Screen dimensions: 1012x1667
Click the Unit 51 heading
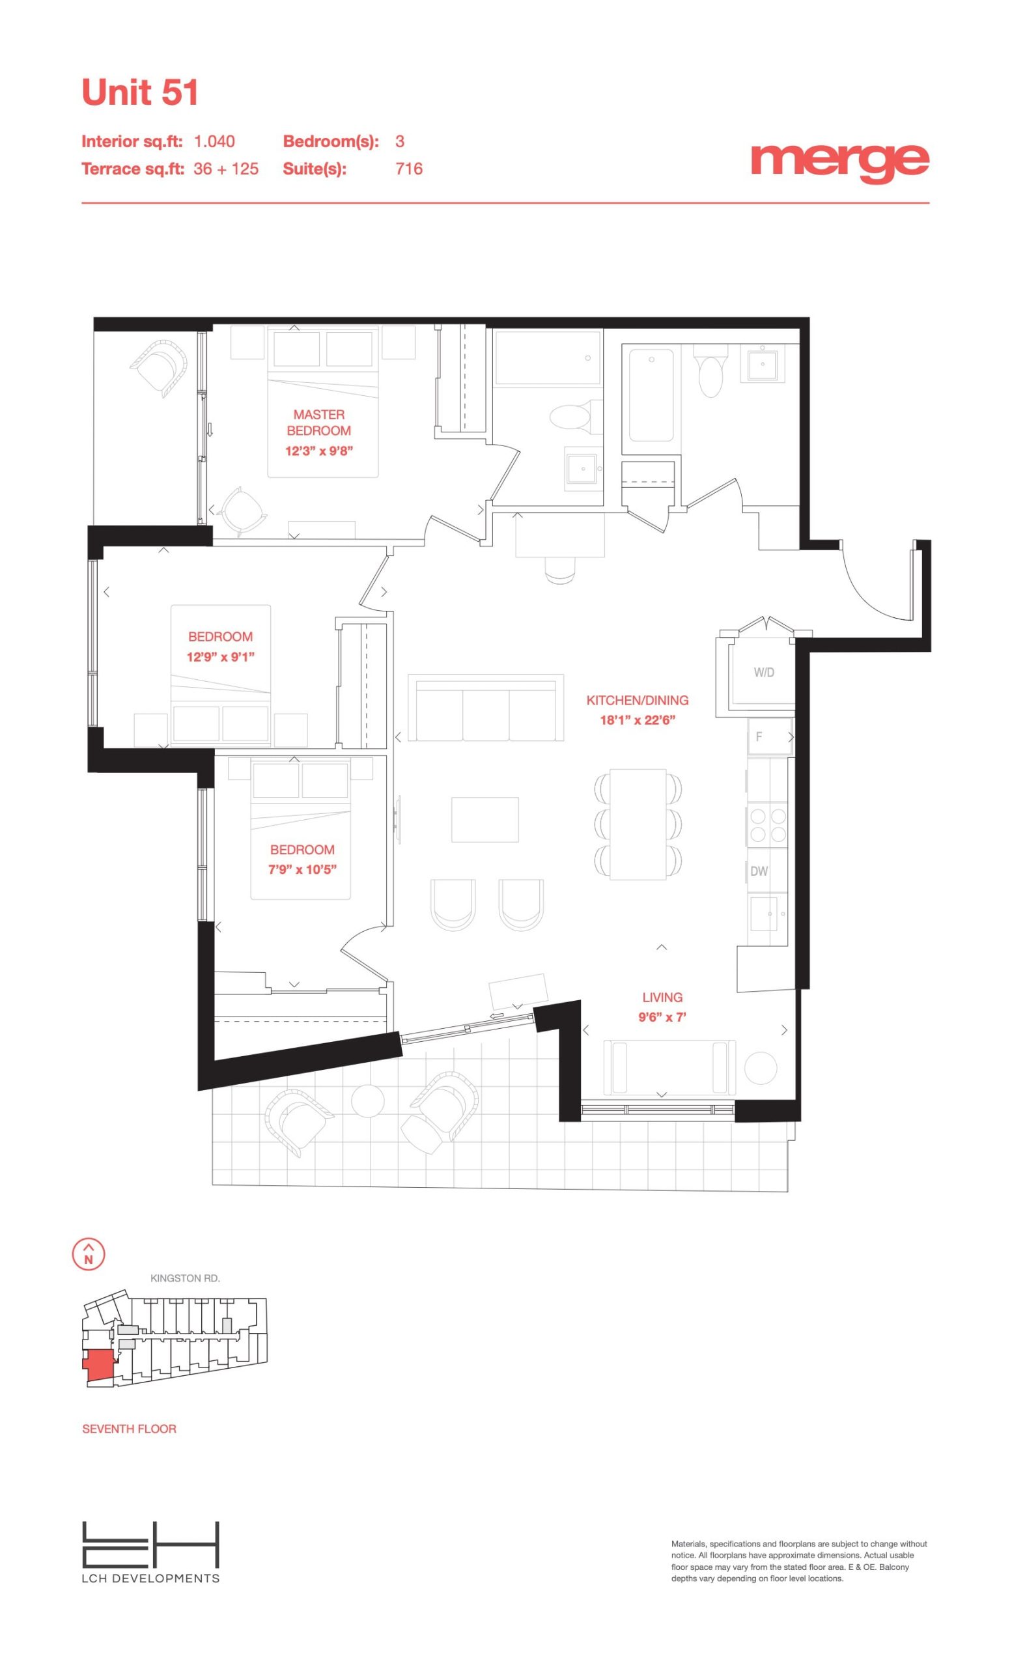(139, 92)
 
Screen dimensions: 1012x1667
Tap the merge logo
(839, 162)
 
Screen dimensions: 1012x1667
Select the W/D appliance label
(764, 673)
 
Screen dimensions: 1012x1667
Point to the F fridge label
(758, 736)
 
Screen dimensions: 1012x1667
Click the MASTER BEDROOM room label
(318, 423)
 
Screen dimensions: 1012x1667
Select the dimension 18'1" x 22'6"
(638, 720)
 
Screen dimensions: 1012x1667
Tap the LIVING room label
(662, 997)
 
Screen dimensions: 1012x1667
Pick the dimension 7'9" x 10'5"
(302, 870)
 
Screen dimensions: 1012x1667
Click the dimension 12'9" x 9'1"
(221, 656)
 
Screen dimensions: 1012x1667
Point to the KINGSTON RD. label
(185, 1278)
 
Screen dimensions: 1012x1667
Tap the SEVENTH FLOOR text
(129, 1429)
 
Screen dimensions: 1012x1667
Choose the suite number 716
(408, 169)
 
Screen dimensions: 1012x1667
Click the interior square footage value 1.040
(214, 141)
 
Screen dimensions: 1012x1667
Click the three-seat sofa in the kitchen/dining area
(486, 708)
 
